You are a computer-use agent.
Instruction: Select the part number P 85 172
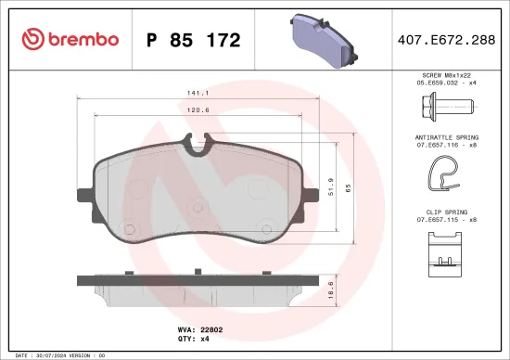click(194, 40)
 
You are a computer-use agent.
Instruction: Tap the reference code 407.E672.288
click(446, 40)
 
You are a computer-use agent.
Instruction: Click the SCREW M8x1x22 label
click(447, 73)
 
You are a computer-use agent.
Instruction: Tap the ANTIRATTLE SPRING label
click(447, 136)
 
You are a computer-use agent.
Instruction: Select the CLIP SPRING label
click(447, 212)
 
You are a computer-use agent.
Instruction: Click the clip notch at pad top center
click(197, 143)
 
